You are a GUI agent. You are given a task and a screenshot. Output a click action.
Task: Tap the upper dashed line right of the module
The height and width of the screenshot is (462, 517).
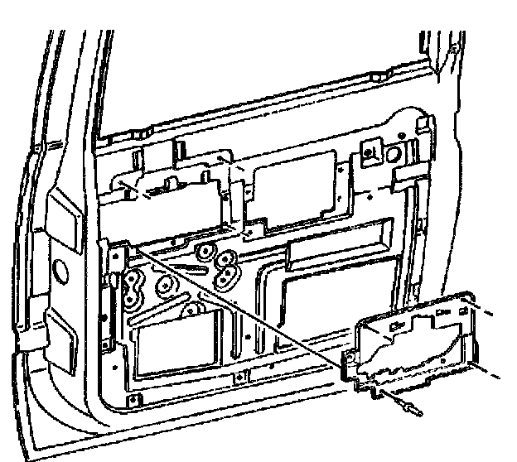pos(489,314)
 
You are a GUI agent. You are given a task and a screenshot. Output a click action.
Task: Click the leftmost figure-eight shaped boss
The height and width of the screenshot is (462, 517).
pos(133,292)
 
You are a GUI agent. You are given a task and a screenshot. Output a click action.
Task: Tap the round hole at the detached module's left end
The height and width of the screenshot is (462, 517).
pos(353,358)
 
